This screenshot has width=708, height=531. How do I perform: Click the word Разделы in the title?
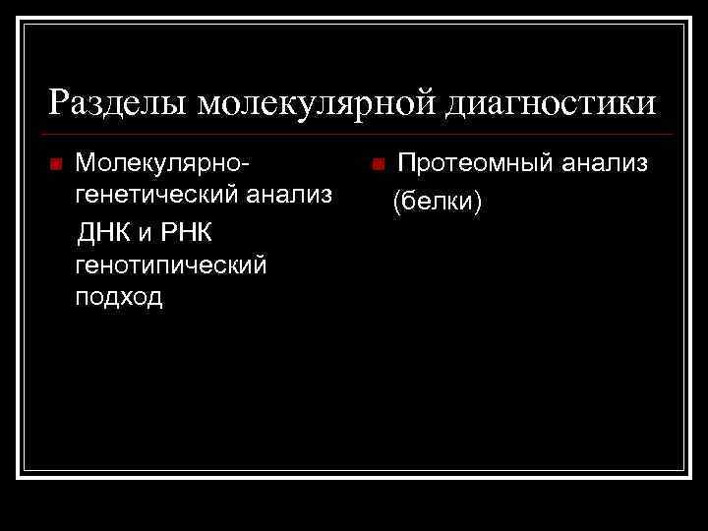tap(116, 102)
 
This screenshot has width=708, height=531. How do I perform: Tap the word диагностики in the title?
tap(552, 102)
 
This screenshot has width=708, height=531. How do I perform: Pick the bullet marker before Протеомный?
tap(378, 163)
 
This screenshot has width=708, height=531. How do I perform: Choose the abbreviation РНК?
tap(181, 232)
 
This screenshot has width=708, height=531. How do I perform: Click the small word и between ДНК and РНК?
tap(144, 234)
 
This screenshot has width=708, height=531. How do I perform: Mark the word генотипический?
tap(170, 265)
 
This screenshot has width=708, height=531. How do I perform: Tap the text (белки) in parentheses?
tap(437, 203)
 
